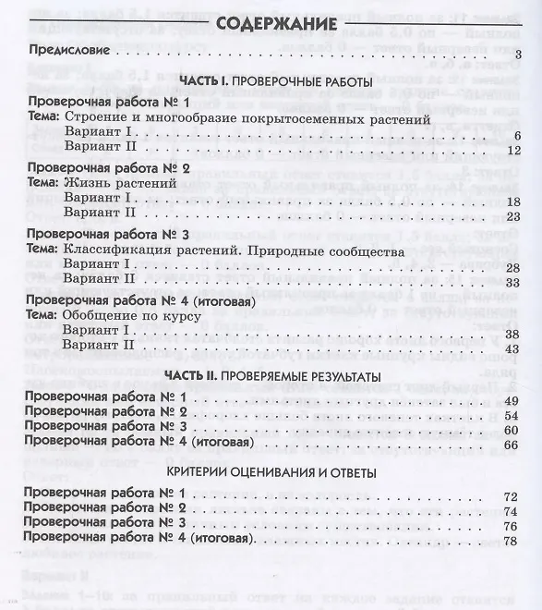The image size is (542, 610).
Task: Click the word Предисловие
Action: point(70,54)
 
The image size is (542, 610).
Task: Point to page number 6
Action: point(518,136)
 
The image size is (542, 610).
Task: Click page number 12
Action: point(514,151)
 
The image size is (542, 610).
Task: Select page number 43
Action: point(514,348)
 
